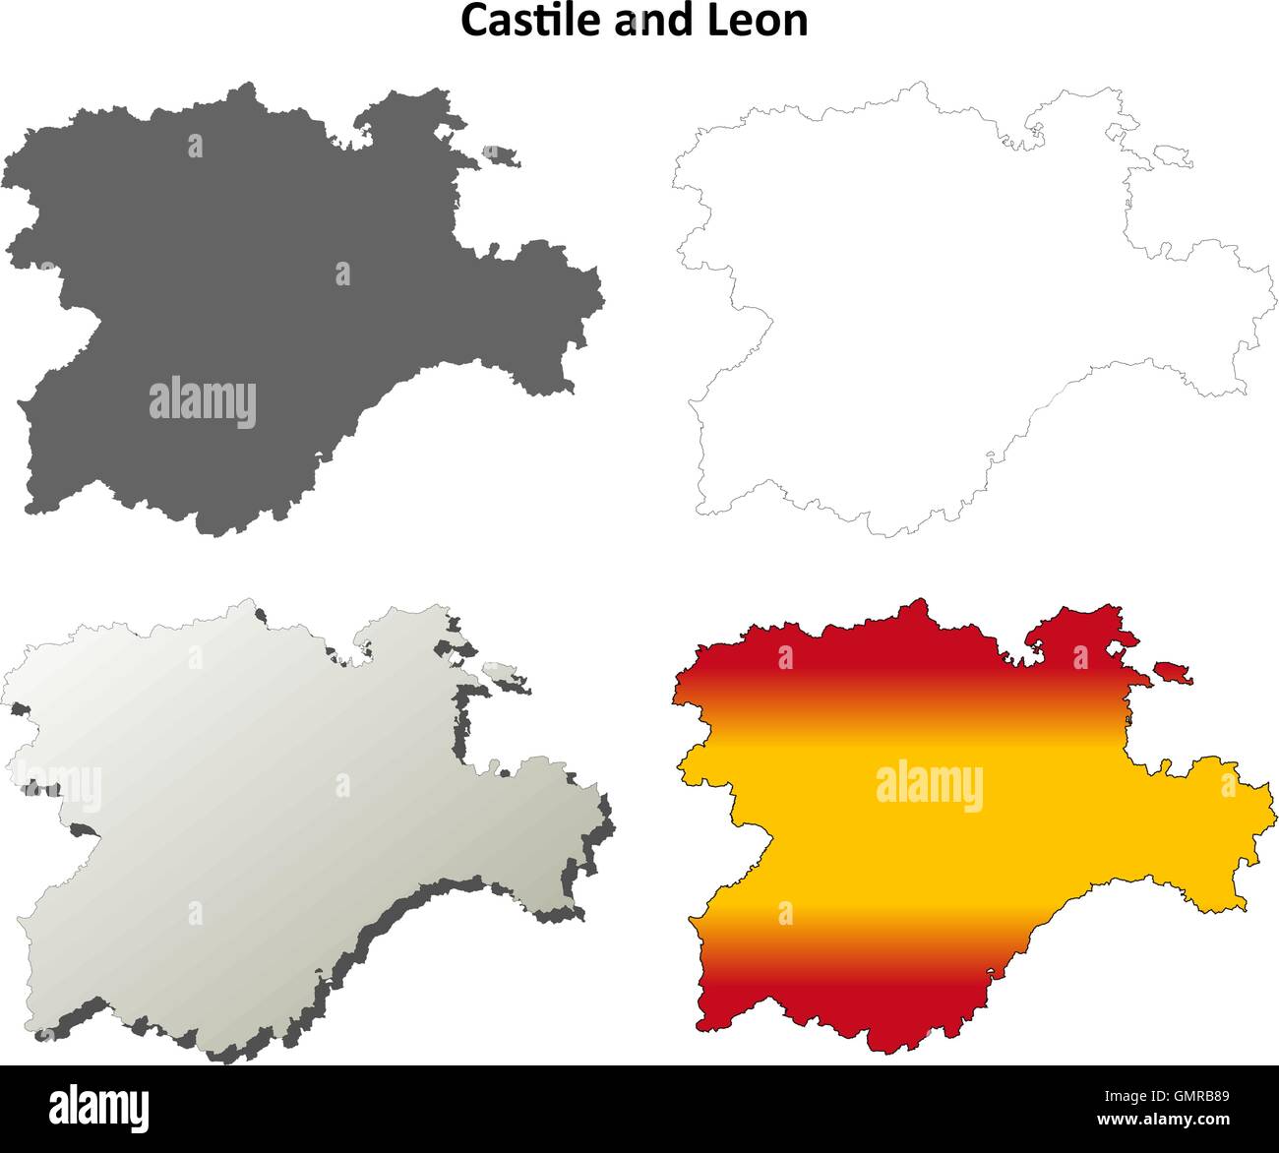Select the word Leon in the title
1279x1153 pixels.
(765, 21)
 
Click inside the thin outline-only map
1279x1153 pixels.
(935, 295)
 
